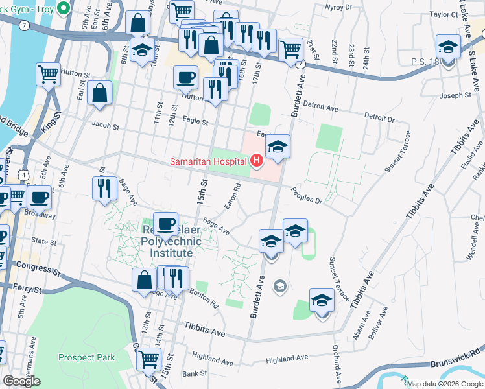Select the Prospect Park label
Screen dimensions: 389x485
[x=86, y=357]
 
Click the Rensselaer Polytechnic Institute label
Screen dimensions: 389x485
[x=171, y=242]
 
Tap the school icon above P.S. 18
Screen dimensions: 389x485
[x=448, y=47]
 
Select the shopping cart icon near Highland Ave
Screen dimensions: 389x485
[x=149, y=358]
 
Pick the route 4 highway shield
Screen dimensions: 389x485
[x=23, y=174]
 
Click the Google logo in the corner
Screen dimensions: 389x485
[x=21, y=381]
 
